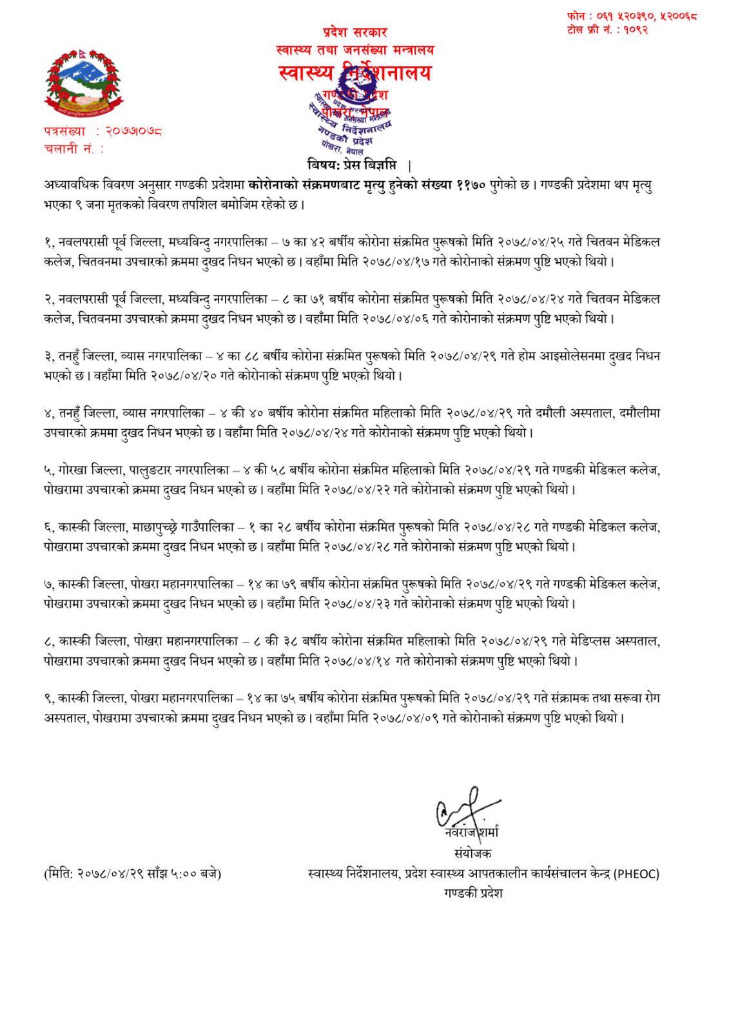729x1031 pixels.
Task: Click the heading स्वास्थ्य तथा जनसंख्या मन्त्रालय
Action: (x=355, y=50)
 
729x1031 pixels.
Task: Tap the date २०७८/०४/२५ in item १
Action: (x=531, y=243)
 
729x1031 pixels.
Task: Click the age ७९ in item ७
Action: (x=287, y=584)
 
